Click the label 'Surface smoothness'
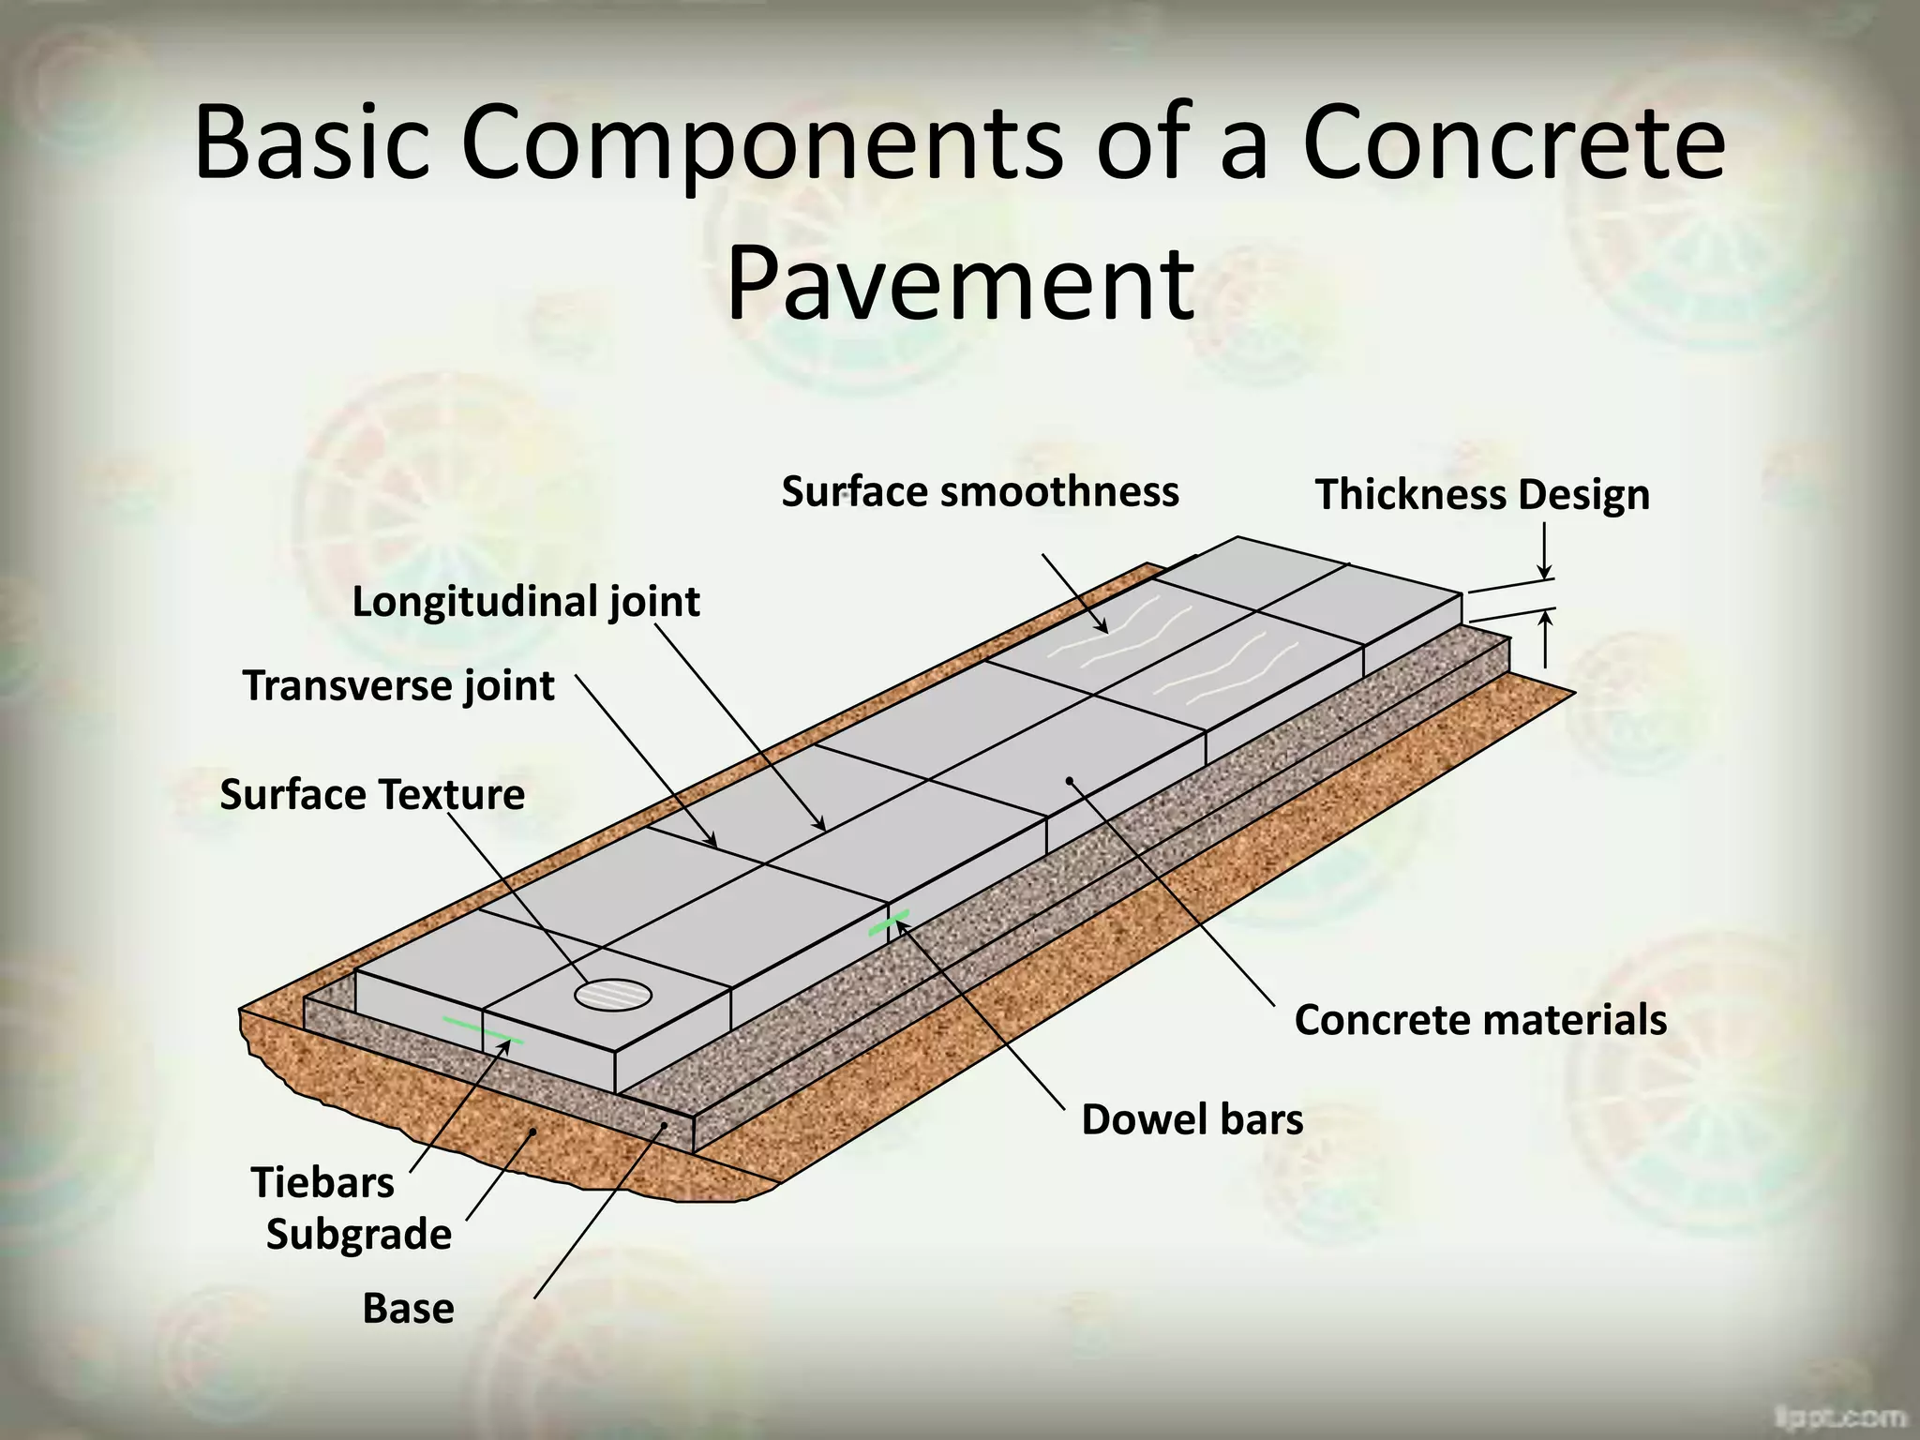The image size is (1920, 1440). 980,492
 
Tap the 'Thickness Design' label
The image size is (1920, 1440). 1482,495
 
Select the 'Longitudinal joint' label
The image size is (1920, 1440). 526,602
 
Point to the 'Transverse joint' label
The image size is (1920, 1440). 398,686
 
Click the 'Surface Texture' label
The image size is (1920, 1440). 372,795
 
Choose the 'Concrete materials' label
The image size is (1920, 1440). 1480,1020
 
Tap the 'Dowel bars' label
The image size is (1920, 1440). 1192,1119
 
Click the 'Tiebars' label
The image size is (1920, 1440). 322,1182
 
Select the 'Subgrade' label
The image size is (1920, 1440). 359,1234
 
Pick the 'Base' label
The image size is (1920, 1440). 408,1309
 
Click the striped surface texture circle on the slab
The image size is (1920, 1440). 613,994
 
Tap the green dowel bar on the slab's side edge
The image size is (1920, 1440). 888,922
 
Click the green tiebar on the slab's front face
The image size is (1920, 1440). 483,1030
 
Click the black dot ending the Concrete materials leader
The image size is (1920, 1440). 1069,780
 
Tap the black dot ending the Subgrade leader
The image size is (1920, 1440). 532,1132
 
